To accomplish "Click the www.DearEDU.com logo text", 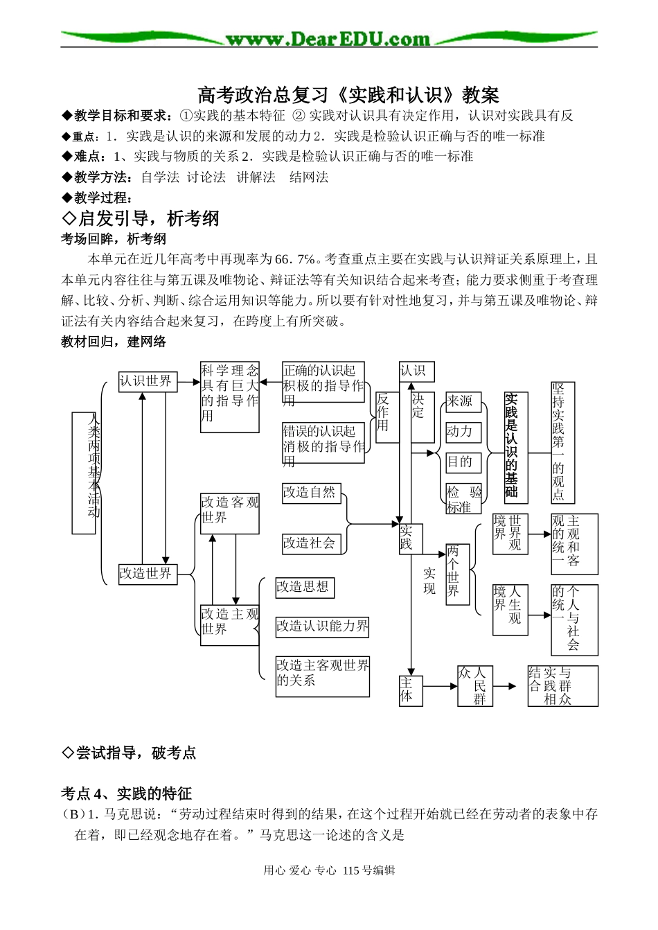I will (x=328, y=39).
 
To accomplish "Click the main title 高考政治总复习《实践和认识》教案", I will (x=348, y=94).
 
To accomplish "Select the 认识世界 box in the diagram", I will (x=148, y=381).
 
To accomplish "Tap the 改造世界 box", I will (x=148, y=574).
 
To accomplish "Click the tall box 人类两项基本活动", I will (x=84, y=473).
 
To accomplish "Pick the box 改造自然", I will (x=311, y=493).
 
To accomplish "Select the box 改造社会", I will (x=311, y=543).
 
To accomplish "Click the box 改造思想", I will (x=304, y=587).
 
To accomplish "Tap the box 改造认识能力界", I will (x=322, y=626).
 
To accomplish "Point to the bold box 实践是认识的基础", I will (x=515, y=447).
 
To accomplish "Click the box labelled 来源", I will (x=462, y=401).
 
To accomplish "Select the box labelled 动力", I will (x=462, y=432).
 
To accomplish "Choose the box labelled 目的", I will (x=462, y=462).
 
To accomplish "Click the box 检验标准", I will (x=463, y=499).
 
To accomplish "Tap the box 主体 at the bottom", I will (x=410, y=690).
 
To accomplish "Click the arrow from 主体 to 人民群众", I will (x=439, y=686).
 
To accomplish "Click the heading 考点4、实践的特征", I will (x=126, y=793).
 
